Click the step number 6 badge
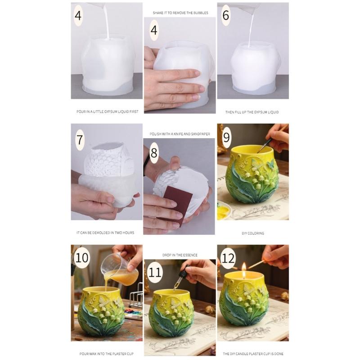pos(225,15)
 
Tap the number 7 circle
pos(80,139)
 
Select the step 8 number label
pos(154,153)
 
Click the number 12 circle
pos(228,257)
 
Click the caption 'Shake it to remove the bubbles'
pos(180,13)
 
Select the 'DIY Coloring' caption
pos(252,233)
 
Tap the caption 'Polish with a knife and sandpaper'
pos(180,134)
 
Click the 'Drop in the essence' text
pos(180,255)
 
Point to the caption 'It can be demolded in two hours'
pos(105,233)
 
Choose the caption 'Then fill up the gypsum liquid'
pos(252,112)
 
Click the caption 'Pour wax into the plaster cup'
pos(106,354)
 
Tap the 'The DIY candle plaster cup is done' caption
pos(253,354)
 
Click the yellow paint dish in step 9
pos(222,212)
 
